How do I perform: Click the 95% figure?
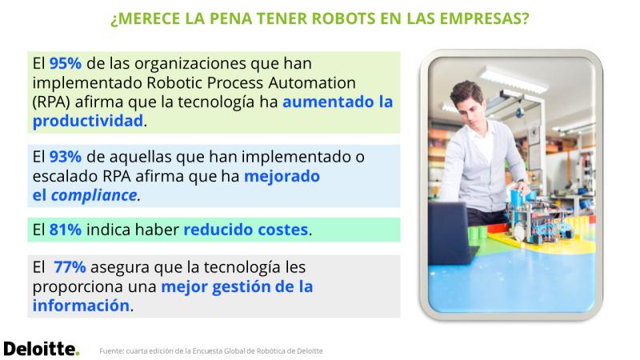(66, 64)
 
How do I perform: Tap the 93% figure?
(66, 157)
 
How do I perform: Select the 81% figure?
(66, 230)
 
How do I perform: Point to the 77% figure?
(70, 267)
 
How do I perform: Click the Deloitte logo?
(42, 349)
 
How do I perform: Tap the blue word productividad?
(88, 121)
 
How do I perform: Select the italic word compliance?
(94, 195)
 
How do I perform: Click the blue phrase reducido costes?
(246, 230)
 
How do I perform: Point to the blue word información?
(81, 306)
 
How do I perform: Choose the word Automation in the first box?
(312, 83)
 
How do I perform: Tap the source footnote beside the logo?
(211, 351)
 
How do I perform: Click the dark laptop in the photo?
(451, 233)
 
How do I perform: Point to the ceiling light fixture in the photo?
(513, 80)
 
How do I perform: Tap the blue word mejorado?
(282, 176)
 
